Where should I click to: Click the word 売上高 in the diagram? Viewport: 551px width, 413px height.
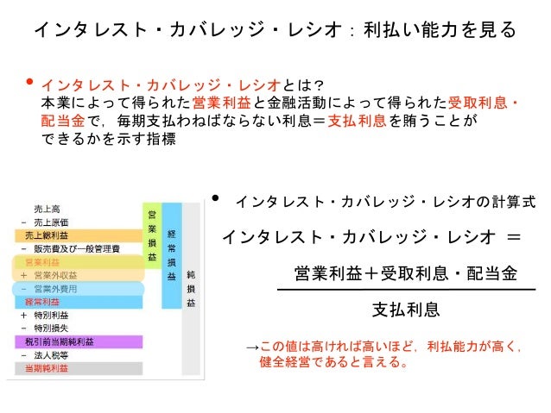(47, 209)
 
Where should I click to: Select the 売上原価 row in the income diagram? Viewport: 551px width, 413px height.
(52, 222)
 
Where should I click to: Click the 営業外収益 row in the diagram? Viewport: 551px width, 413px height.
(53, 275)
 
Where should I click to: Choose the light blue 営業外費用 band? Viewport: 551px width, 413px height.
(53, 289)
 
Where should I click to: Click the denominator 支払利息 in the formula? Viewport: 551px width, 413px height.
(405, 310)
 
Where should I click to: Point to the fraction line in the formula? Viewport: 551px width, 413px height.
(405, 291)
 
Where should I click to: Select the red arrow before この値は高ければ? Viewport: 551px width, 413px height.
(251, 347)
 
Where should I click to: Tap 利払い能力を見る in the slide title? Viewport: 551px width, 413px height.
(440, 31)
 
